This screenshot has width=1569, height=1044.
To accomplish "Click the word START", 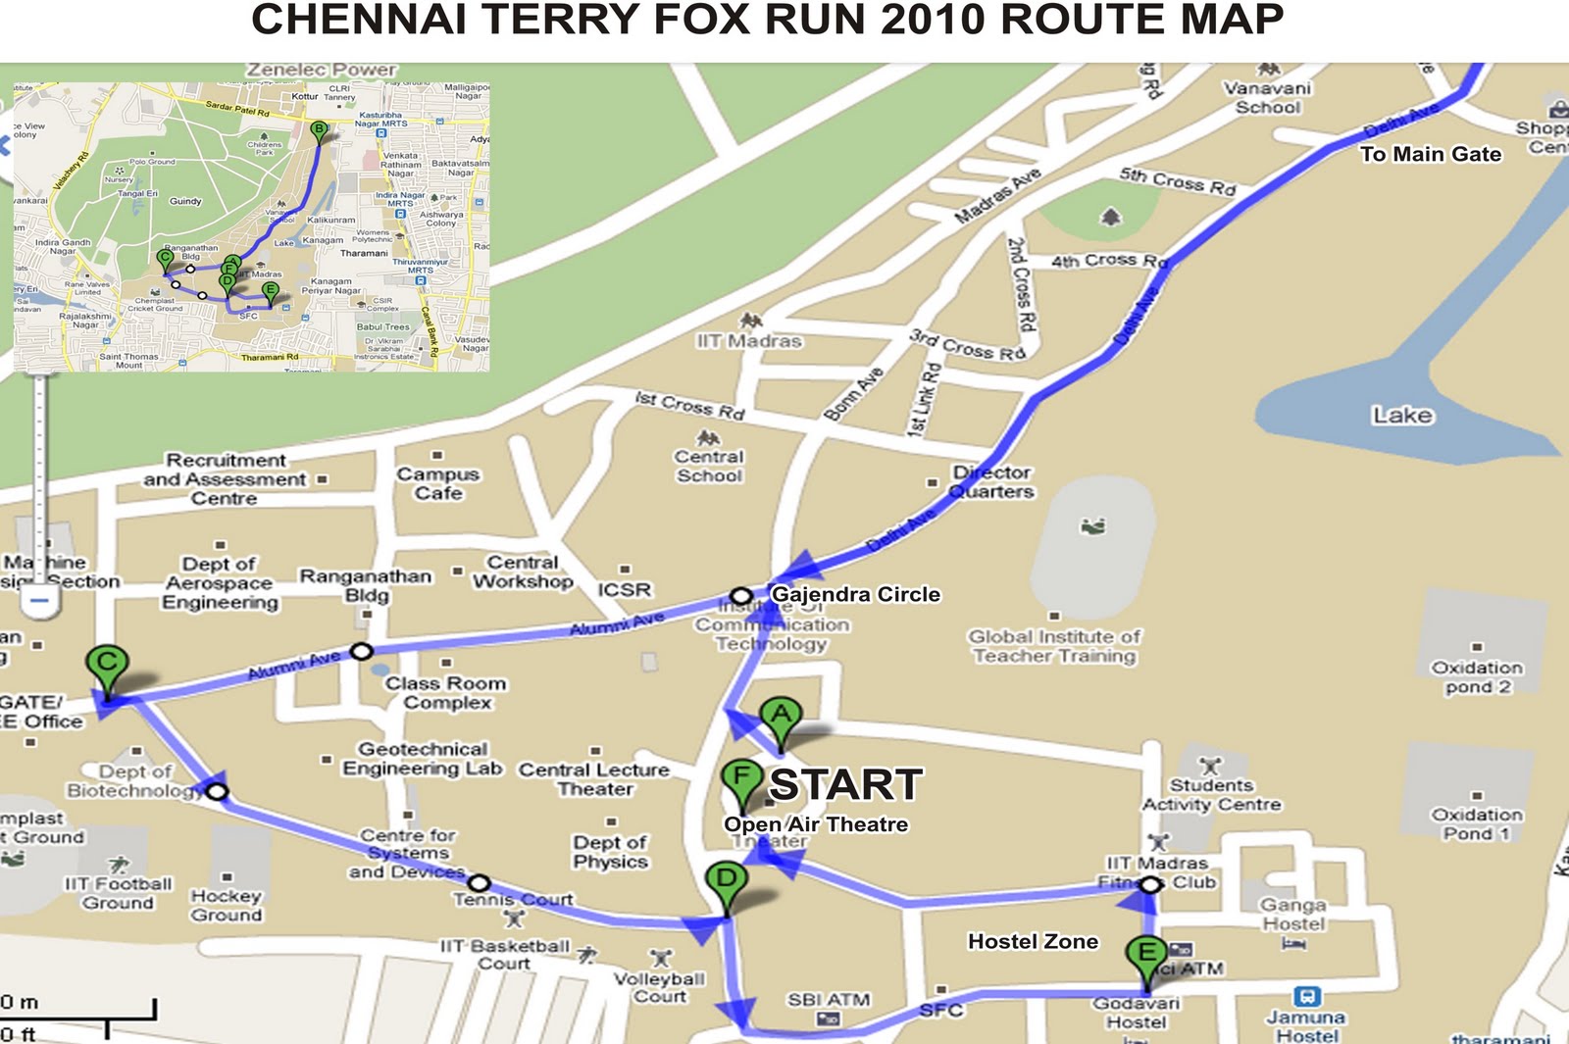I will (x=845, y=784).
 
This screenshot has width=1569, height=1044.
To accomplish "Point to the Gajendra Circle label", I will (x=855, y=594).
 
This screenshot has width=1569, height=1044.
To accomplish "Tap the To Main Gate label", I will (x=1430, y=154).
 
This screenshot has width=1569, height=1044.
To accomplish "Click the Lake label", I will (x=1401, y=415).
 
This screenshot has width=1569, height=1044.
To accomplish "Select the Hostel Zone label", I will (x=1033, y=941).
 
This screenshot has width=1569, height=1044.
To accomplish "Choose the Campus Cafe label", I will (x=437, y=483).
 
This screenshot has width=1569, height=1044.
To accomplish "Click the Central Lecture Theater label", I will (x=594, y=779).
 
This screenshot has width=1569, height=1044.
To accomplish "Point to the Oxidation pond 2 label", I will (x=1477, y=676).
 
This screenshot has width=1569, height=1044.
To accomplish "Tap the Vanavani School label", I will (x=1267, y=97).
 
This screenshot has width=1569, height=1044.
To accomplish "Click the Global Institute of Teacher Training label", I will (x=1054, y=646).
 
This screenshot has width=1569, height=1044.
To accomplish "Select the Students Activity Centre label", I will (x=1211, y=795).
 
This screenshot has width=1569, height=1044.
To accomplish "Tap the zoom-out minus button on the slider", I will (x=39, y=600).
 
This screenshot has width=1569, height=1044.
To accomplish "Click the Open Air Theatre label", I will (x=816, y=824).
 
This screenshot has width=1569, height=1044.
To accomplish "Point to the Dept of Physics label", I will (x=610, y=852).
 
